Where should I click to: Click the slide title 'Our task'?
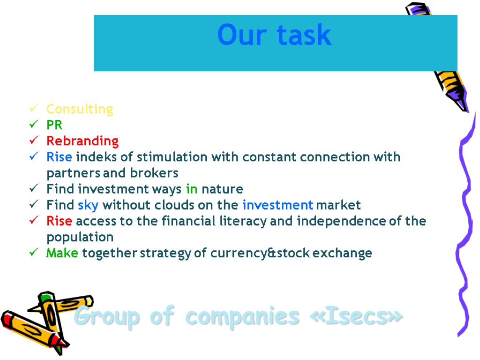click(x=274, y=35)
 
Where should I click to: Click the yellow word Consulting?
click(x=80, y=109)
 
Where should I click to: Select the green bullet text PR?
click(x=54, y=125)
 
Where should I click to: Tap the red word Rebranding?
click(x=82, y=141)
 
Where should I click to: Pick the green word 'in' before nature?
click(x=192, y=189)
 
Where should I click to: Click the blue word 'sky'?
click(x=88, y=205)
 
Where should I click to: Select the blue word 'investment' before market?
click(x=277, y=205)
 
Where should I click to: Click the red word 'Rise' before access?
click(x=59, y=221)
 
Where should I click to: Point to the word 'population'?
click(x=80, y=237)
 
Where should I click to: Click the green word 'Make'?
click(x=62, y=254)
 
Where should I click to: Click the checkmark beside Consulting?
click(x=33, y=109)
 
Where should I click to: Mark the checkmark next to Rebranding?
click(x=33, y=141)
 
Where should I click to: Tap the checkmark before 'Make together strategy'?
click(x=33, y=253)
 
